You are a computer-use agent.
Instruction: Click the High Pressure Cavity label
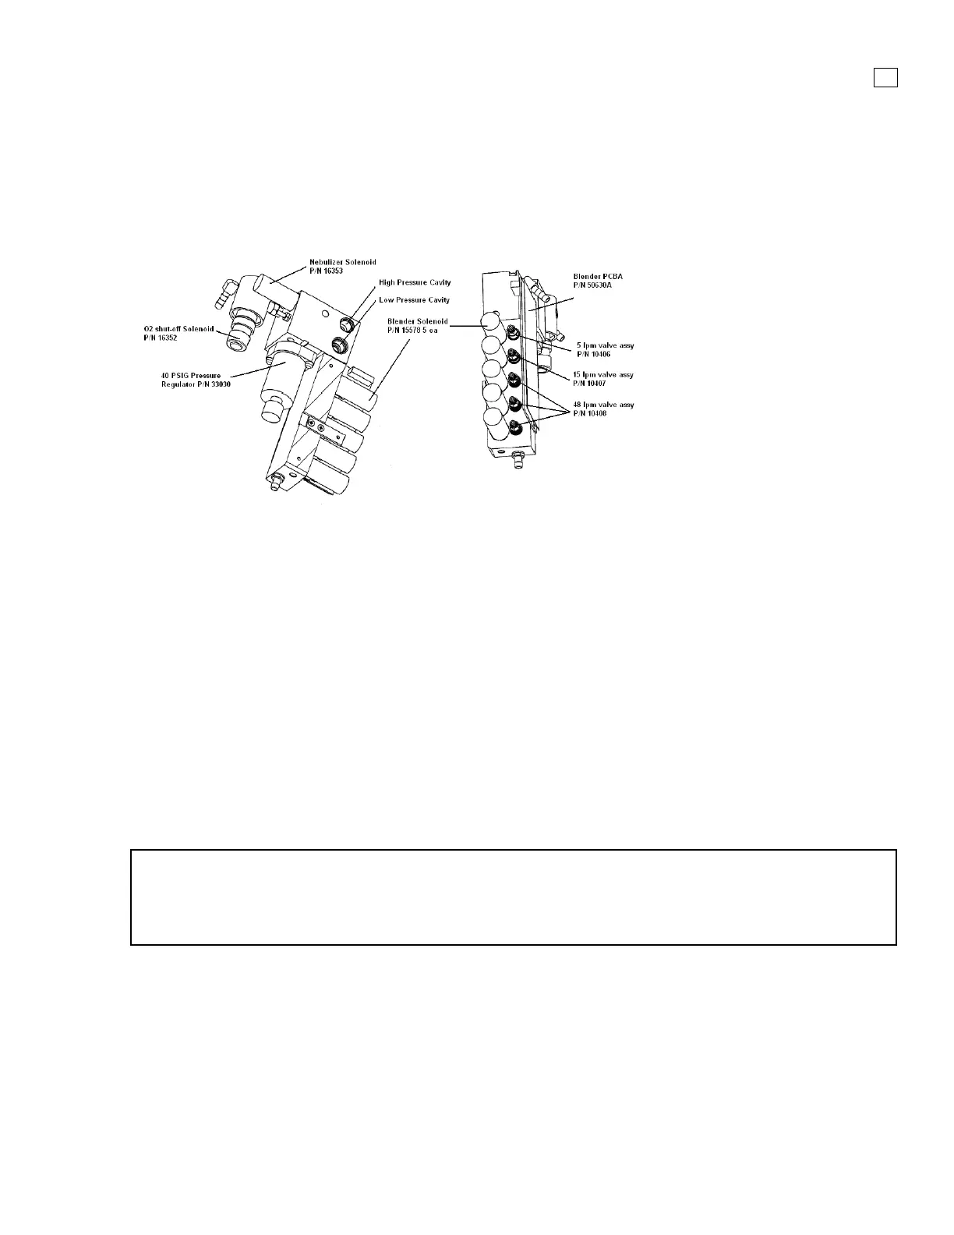(x=415, y=282)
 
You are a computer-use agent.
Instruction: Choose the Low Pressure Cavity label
(x=414, y=299)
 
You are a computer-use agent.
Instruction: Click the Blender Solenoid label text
(x=417, y=321)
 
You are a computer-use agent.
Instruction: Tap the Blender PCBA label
(x=598, y=276)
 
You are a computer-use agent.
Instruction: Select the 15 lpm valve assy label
(x=602, y=375)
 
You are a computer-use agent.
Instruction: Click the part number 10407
(x=589, y=383)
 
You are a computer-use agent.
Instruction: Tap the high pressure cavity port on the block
(x=347, y=324)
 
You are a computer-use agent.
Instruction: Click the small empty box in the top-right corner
(x=885, y=77)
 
